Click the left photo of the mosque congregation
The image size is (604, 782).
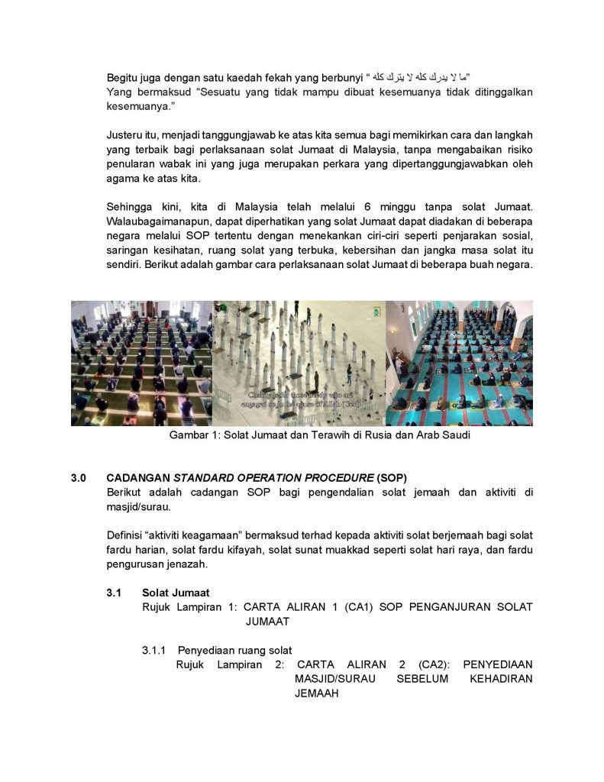(x=141, y=363)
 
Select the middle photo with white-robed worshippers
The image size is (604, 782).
(x=299, y=363)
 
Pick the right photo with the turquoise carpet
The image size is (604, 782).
(x=459, y=363)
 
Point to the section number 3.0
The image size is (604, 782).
(x=79, y=477)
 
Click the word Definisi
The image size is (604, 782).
(x=128, y=535)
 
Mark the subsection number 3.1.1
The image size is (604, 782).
(x=155, y=650)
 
